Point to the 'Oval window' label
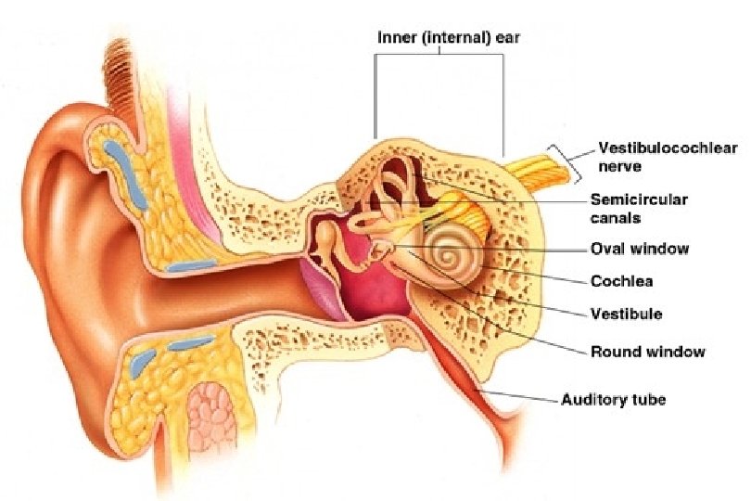point(640,249)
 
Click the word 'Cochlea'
point(617,281)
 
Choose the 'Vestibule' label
point(626,314)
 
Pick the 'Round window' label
point(647,352)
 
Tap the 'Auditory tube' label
point(613,400)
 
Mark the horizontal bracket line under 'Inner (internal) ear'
point(439,54)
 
